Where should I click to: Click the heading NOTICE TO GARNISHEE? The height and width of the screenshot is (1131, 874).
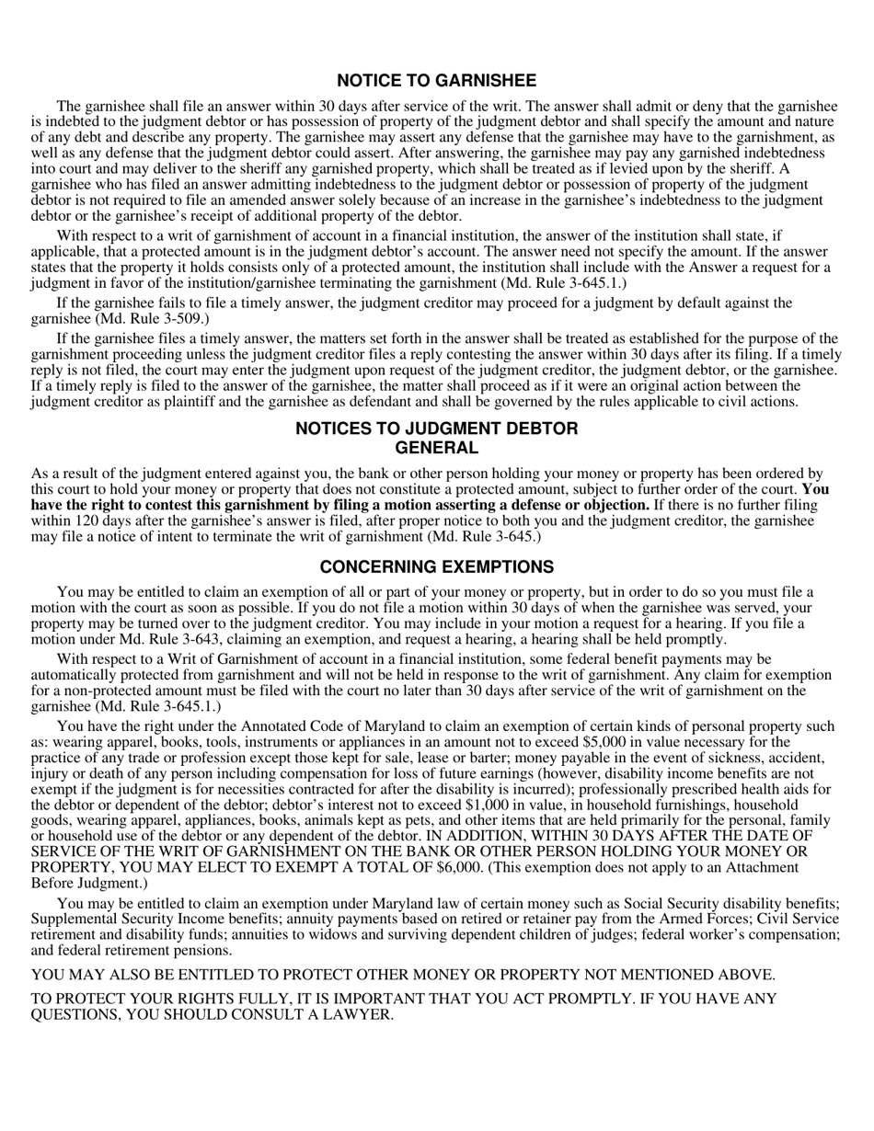pos(436,81)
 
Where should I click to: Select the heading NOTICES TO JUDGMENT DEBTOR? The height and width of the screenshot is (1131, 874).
pos(436,428)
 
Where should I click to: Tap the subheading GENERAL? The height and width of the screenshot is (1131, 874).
pos(436,448)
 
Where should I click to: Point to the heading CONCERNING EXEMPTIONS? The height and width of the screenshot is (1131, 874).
pos(436,566)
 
